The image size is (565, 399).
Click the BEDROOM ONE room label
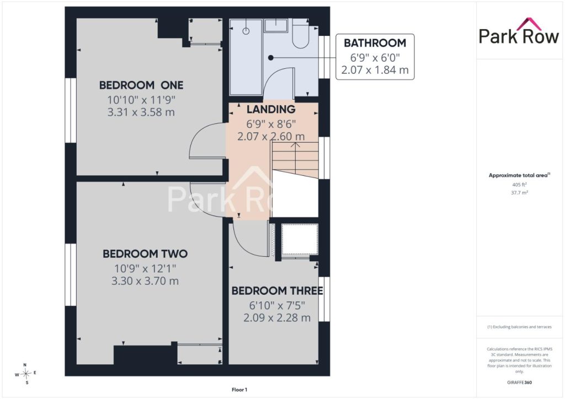141,85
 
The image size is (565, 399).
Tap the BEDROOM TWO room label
145,254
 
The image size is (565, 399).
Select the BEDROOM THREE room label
277,290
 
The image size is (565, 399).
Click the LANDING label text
271,109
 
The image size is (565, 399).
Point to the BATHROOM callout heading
375,43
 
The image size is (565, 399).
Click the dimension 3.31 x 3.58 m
141,112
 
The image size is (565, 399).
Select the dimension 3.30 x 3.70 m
145,281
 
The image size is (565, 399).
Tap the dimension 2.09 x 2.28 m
277,318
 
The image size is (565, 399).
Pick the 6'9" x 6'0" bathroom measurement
375,57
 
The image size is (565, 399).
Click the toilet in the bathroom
301,34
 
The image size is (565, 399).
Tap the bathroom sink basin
276,25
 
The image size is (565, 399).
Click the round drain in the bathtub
246,31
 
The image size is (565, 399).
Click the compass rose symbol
25,374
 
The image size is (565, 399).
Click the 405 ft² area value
519,185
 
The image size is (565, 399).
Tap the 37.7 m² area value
519,192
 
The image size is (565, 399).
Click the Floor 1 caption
239,390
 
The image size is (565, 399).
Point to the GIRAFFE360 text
519,382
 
